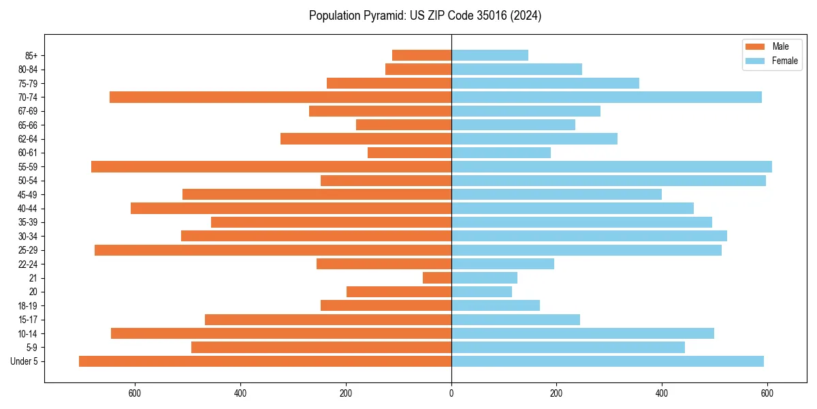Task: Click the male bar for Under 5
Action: pyautogui.click(x=265, y=361)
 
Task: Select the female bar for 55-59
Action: pyautogui.click(x=611, y=166)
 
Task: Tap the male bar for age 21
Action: pyautogui.click(x=437, y=277)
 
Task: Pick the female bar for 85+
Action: pyautogui.click(x=490, y=55)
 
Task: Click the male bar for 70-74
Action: pyautogui.click(x=281, y=97)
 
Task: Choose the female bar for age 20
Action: pyautogui.click(x=481, y=292)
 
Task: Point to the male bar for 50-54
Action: pyautogui.click(x=386, y=181)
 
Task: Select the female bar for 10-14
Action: pyautogui.click(x=583, y=333)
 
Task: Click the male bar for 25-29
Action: pyautogui.click(x=273, y=250)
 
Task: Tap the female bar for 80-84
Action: pyautogui.click(x=517, y=69)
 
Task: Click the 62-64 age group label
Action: pyautogui.click(x=27, y=139)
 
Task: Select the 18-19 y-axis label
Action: pyautogui.click(x=27, y=306)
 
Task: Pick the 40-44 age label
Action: pyautogui.click(x=27, y=209)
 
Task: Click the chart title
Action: pyautogui.click(x=425, y=16)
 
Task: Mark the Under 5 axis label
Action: pyautogui.click(x=25, y=361)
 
